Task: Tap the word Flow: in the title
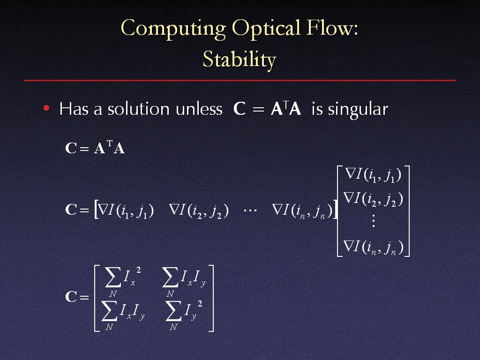point(332,28)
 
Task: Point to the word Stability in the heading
point(240,60)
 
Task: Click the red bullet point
point(46,108)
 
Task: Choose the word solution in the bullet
point(138,109)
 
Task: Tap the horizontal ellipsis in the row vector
point(250,210)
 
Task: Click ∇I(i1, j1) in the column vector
point(373,175)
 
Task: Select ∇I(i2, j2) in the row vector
point(199,211)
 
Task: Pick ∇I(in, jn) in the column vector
point(374,247)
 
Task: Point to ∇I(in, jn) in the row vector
point(302,211)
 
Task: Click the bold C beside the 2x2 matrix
point(71,297)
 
